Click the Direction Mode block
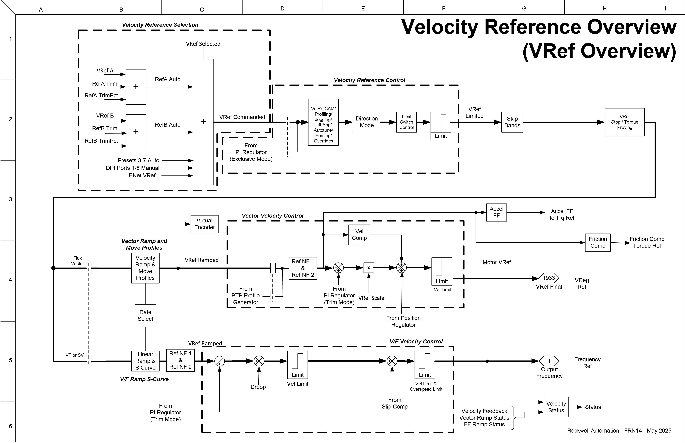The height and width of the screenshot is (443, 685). (367, 122)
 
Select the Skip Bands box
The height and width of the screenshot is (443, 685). (512, 122)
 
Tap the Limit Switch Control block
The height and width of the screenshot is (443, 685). (406, 122)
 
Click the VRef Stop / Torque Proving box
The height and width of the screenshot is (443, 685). (624, 122)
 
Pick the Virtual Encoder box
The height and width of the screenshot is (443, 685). (204, 224)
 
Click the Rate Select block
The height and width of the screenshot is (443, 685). (145, 316)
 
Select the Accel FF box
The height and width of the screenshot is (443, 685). (496, 213)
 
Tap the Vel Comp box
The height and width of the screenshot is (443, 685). (359, 235)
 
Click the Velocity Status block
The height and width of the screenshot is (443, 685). (556, 407)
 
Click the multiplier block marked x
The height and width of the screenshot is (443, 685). (369, 268)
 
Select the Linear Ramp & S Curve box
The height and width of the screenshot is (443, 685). (145, 361)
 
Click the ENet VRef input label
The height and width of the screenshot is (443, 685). (142, 175)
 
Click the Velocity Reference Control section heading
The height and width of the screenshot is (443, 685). (369, 80)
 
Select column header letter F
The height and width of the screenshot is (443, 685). (444, 9)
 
